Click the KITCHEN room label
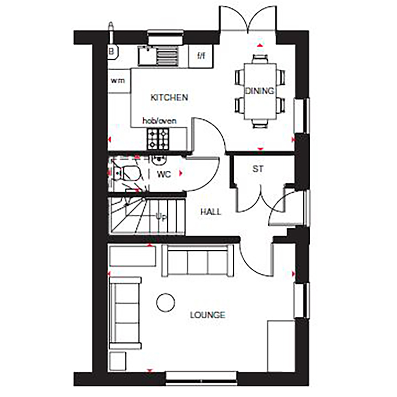tap(169, 97)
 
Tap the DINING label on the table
tap(259, 91)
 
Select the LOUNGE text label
tap(208, 315)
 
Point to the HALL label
tap(211, 212)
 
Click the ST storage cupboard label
tap(258, 169)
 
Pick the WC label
tap(164, 174)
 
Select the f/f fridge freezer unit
tap(201, 56)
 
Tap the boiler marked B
tap(112, 51)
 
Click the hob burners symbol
tap(158, 139)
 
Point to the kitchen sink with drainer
tap(159, 56)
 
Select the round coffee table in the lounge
tap(166, 303)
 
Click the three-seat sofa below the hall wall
tap(198, 261)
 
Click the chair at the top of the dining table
tap(260, 59)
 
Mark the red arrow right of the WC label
tap(181, 173)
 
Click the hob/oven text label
tap(159, 121)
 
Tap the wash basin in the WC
tap(159, 160)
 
